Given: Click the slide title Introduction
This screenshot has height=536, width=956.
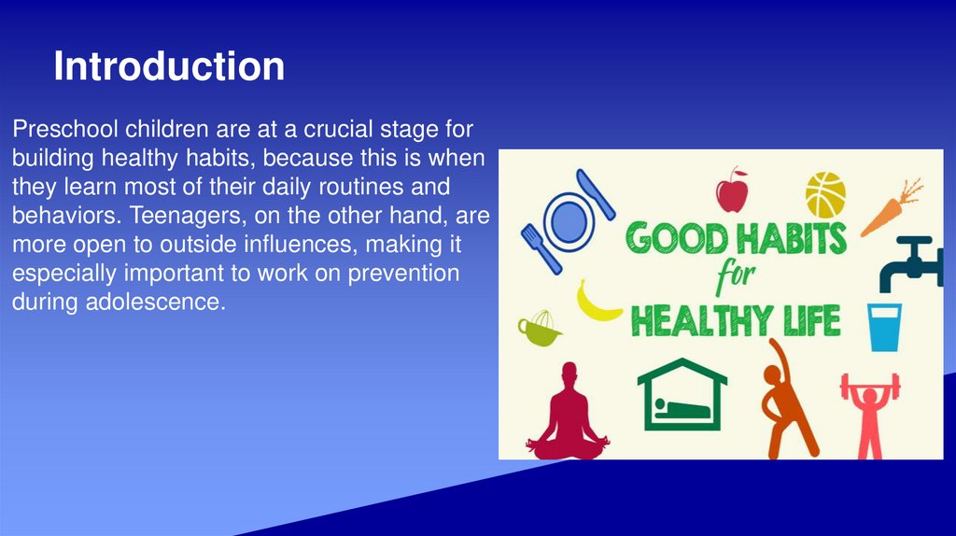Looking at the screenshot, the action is (x=169, y=66).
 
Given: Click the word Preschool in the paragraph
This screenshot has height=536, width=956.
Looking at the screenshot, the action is (x=65, y=129).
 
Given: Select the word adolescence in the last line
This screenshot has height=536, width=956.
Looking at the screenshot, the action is (x=155, y=302).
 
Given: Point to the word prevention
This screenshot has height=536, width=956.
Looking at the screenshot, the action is (x=403, y=274).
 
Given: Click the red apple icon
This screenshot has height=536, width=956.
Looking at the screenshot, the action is (x=732, y=190).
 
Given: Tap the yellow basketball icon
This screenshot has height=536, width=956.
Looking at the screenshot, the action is (x=825, y=195).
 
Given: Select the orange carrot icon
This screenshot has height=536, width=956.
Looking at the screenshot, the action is (x=891, y=208).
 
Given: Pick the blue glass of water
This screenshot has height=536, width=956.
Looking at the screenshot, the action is (x=885, y=328).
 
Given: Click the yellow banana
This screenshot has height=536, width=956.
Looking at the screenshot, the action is (x=597, y=303).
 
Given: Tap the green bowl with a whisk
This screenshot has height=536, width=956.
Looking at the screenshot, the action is (x=539, y=330).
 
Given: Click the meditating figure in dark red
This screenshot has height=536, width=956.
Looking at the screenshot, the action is (x=569, y=412).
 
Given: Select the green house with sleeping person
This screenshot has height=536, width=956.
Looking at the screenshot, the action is (x=682, y=394).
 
